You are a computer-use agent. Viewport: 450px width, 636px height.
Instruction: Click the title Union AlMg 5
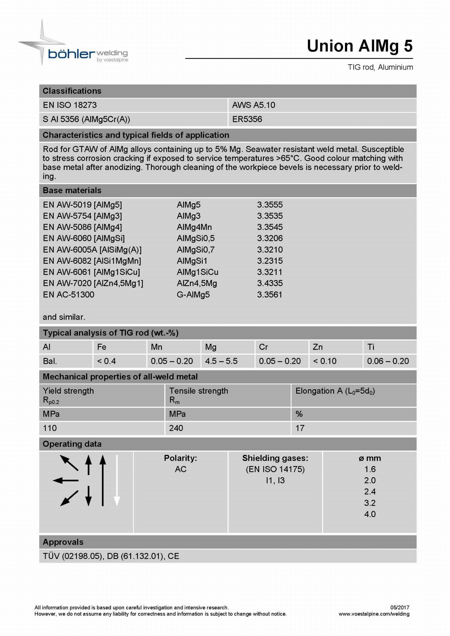coord(360,46)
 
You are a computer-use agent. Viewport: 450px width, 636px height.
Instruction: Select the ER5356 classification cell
coord(247,119)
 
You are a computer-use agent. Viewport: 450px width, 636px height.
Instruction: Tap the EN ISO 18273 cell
coord(70,105)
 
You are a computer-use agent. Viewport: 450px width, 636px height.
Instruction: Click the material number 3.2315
coord(270,261)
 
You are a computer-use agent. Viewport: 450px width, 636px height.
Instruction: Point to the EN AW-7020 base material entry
coord(93,283)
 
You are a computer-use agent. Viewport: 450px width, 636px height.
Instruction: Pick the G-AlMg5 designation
coord(193,295)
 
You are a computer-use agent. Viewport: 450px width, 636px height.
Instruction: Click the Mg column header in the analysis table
coord(211,347)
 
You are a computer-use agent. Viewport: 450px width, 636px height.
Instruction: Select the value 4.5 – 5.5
coord(221,361)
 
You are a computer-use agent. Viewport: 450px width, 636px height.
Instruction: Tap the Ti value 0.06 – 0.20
coord(388,361)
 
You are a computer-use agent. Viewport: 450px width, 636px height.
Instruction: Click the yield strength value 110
coord(50,428)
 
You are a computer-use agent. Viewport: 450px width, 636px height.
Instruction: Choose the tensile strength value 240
coord(176,428)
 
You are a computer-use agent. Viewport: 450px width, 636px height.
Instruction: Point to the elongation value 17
coord(300,428)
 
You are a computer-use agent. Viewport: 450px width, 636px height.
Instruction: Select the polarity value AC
coord(181,469)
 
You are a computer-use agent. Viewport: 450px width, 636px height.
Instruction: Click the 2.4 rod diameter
coord(370,492)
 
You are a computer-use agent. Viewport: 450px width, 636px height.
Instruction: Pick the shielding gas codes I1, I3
coord(275,481)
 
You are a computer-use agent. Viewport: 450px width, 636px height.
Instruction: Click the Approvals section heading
coord(63,542)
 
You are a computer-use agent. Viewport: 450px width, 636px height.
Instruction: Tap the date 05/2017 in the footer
coord(400,607)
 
